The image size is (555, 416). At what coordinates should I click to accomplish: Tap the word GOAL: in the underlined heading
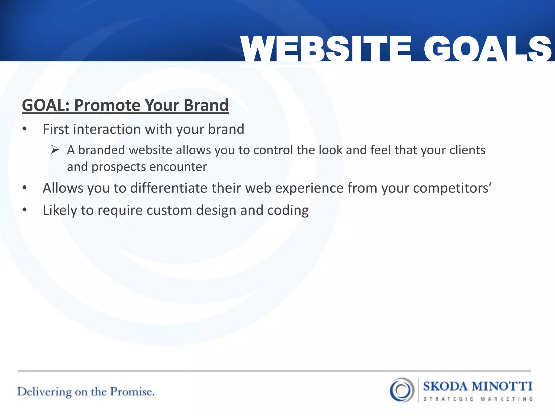46,105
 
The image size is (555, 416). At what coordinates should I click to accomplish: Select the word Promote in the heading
107,105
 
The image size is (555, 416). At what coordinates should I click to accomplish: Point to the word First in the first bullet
56,129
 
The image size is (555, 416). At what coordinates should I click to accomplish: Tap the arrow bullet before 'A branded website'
55,149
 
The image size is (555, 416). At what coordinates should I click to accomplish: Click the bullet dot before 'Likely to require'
25,210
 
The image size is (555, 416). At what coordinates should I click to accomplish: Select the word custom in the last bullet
169,210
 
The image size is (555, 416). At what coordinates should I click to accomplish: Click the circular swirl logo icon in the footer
402,390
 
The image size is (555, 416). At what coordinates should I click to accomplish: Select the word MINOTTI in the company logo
502,386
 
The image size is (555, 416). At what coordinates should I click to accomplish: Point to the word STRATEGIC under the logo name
448,399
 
